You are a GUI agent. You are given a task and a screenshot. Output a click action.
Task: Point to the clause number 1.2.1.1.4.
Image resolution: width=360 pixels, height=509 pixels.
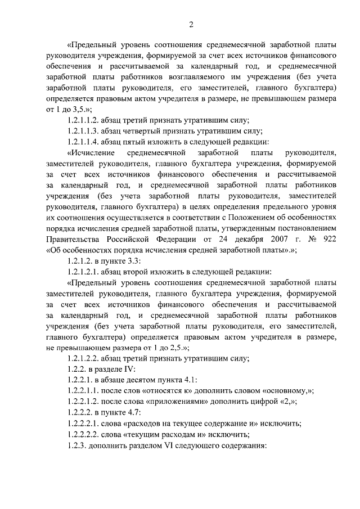point(84,141)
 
